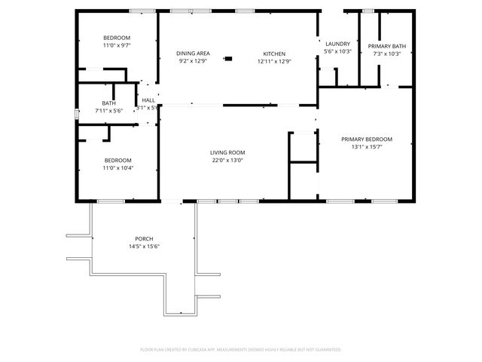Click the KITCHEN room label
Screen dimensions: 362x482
[273, 54]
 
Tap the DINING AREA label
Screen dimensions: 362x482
[193, 54]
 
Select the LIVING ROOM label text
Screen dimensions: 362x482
[227, 153]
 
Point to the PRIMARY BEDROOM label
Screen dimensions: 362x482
[367, 139]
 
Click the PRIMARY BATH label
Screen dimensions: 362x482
[387, 47]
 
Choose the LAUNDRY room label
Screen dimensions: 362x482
[337, 44]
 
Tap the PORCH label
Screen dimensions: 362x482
[144, 238]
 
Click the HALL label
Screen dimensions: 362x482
[148, 100]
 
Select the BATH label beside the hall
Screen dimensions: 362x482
[108, 103]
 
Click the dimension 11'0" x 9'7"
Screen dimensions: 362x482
[117, 46]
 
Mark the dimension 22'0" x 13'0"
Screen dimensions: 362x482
[227, 161]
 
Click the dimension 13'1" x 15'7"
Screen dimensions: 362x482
[367, 146]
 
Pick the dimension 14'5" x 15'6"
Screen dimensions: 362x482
[144, 246]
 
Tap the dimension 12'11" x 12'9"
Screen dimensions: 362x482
[273, 61]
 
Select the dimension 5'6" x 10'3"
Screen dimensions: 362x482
[337, 51]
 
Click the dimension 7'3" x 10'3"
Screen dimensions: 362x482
[387, 54]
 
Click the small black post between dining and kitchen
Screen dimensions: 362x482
[229, 57]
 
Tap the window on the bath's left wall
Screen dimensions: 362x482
[77, 115]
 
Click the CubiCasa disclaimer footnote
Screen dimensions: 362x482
[241, 349]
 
